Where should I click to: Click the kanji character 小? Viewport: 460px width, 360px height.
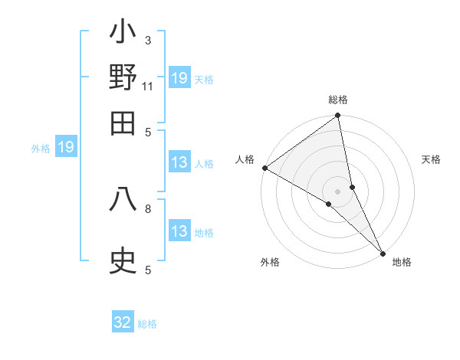click(123, 35)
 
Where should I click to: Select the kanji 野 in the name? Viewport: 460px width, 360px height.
click(123, 79)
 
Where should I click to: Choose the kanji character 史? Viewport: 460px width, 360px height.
click(123, 261)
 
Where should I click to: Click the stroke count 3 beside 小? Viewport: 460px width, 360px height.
click(148, 40)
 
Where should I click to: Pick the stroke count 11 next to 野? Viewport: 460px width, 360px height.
click(148, 87)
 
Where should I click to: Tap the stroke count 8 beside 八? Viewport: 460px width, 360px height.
click(148, 208)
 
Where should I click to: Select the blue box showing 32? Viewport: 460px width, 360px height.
click(123, 322)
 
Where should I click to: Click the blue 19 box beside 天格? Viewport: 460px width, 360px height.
click(179, 78)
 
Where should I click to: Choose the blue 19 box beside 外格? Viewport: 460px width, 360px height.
click(66, 147)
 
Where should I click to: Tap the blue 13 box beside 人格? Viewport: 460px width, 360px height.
click(179, 162)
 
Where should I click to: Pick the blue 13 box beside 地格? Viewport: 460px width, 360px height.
click(179, 231)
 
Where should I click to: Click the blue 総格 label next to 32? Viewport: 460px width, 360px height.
click(147, 324)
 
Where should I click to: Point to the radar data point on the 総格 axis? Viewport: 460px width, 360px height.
click(338, 116)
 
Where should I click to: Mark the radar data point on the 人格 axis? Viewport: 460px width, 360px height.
click(264, 168)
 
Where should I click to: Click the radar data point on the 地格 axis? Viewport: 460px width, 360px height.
click(383, 251)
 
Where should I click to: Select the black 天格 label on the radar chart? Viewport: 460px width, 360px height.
click(432, 159)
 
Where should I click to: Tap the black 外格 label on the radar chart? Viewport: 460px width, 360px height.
click(270, 262)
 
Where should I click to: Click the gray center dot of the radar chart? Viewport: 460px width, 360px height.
click(338, 191)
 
